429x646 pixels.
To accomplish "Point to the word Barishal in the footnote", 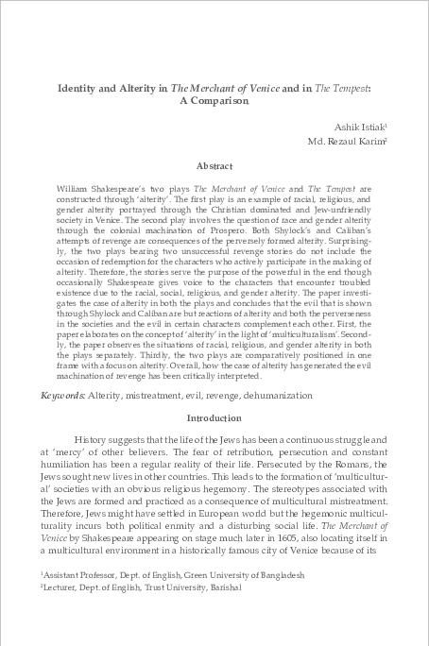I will tap(226, 586).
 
